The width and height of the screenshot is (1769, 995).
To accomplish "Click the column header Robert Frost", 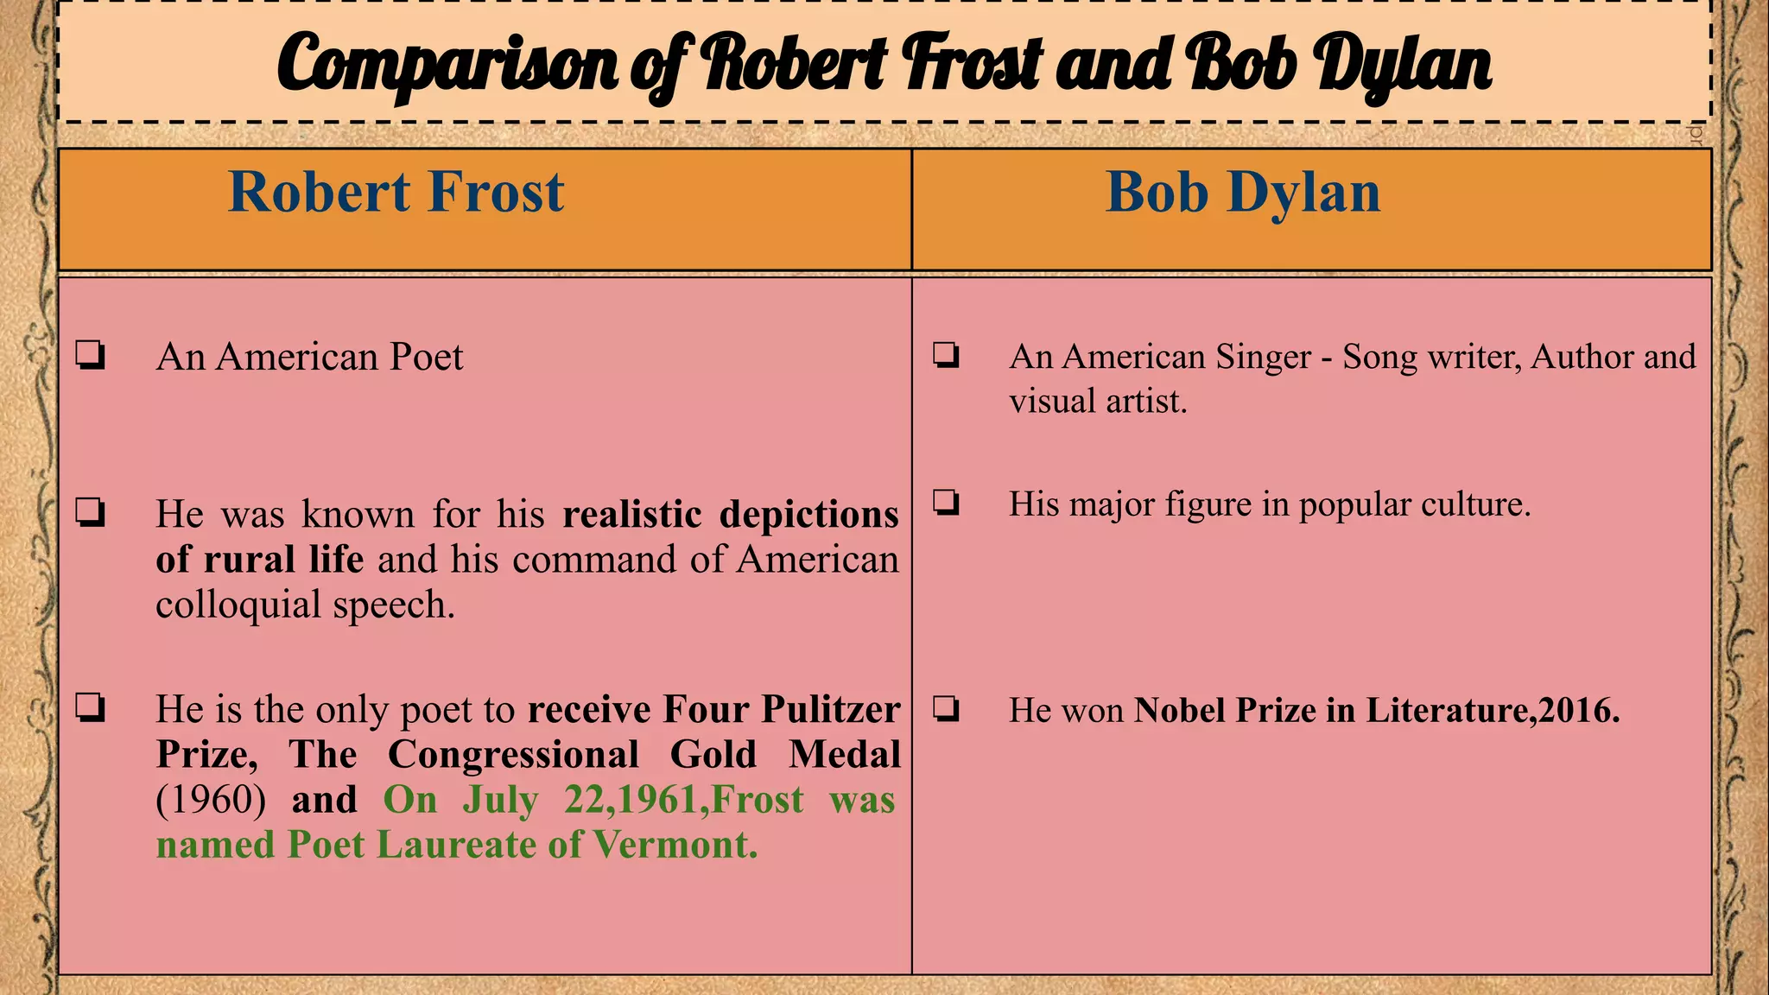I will click(x=396, y=192).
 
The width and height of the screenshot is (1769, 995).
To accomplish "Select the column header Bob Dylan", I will click(x=1243, y=192).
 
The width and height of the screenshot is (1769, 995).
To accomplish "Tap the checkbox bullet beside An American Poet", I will click(x=91, y=355).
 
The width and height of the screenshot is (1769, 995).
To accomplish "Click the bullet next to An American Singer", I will click(x=946, y=355).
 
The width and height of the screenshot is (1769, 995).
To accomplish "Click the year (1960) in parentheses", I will click(x=211, y=800).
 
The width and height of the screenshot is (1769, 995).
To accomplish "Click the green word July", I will click(x=500, y=800).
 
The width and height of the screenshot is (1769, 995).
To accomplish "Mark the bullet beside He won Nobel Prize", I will click(x=946, y=709).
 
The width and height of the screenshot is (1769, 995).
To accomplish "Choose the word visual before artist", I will click(x=1047, y=402).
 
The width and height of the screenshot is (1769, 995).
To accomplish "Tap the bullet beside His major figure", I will click(x=946, y=502).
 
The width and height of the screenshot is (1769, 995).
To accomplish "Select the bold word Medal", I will click(x=844, y=755).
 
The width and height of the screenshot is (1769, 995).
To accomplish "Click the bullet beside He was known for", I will click(x=91, y=513).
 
